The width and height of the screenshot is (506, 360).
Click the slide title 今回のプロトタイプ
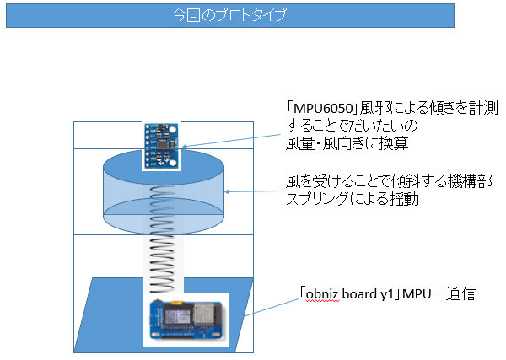229,15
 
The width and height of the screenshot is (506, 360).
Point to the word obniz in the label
325,295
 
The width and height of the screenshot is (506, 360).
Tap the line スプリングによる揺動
352,201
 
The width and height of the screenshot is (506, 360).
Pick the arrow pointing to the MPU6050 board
232,137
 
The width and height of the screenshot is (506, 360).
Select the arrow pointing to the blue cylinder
254,192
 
